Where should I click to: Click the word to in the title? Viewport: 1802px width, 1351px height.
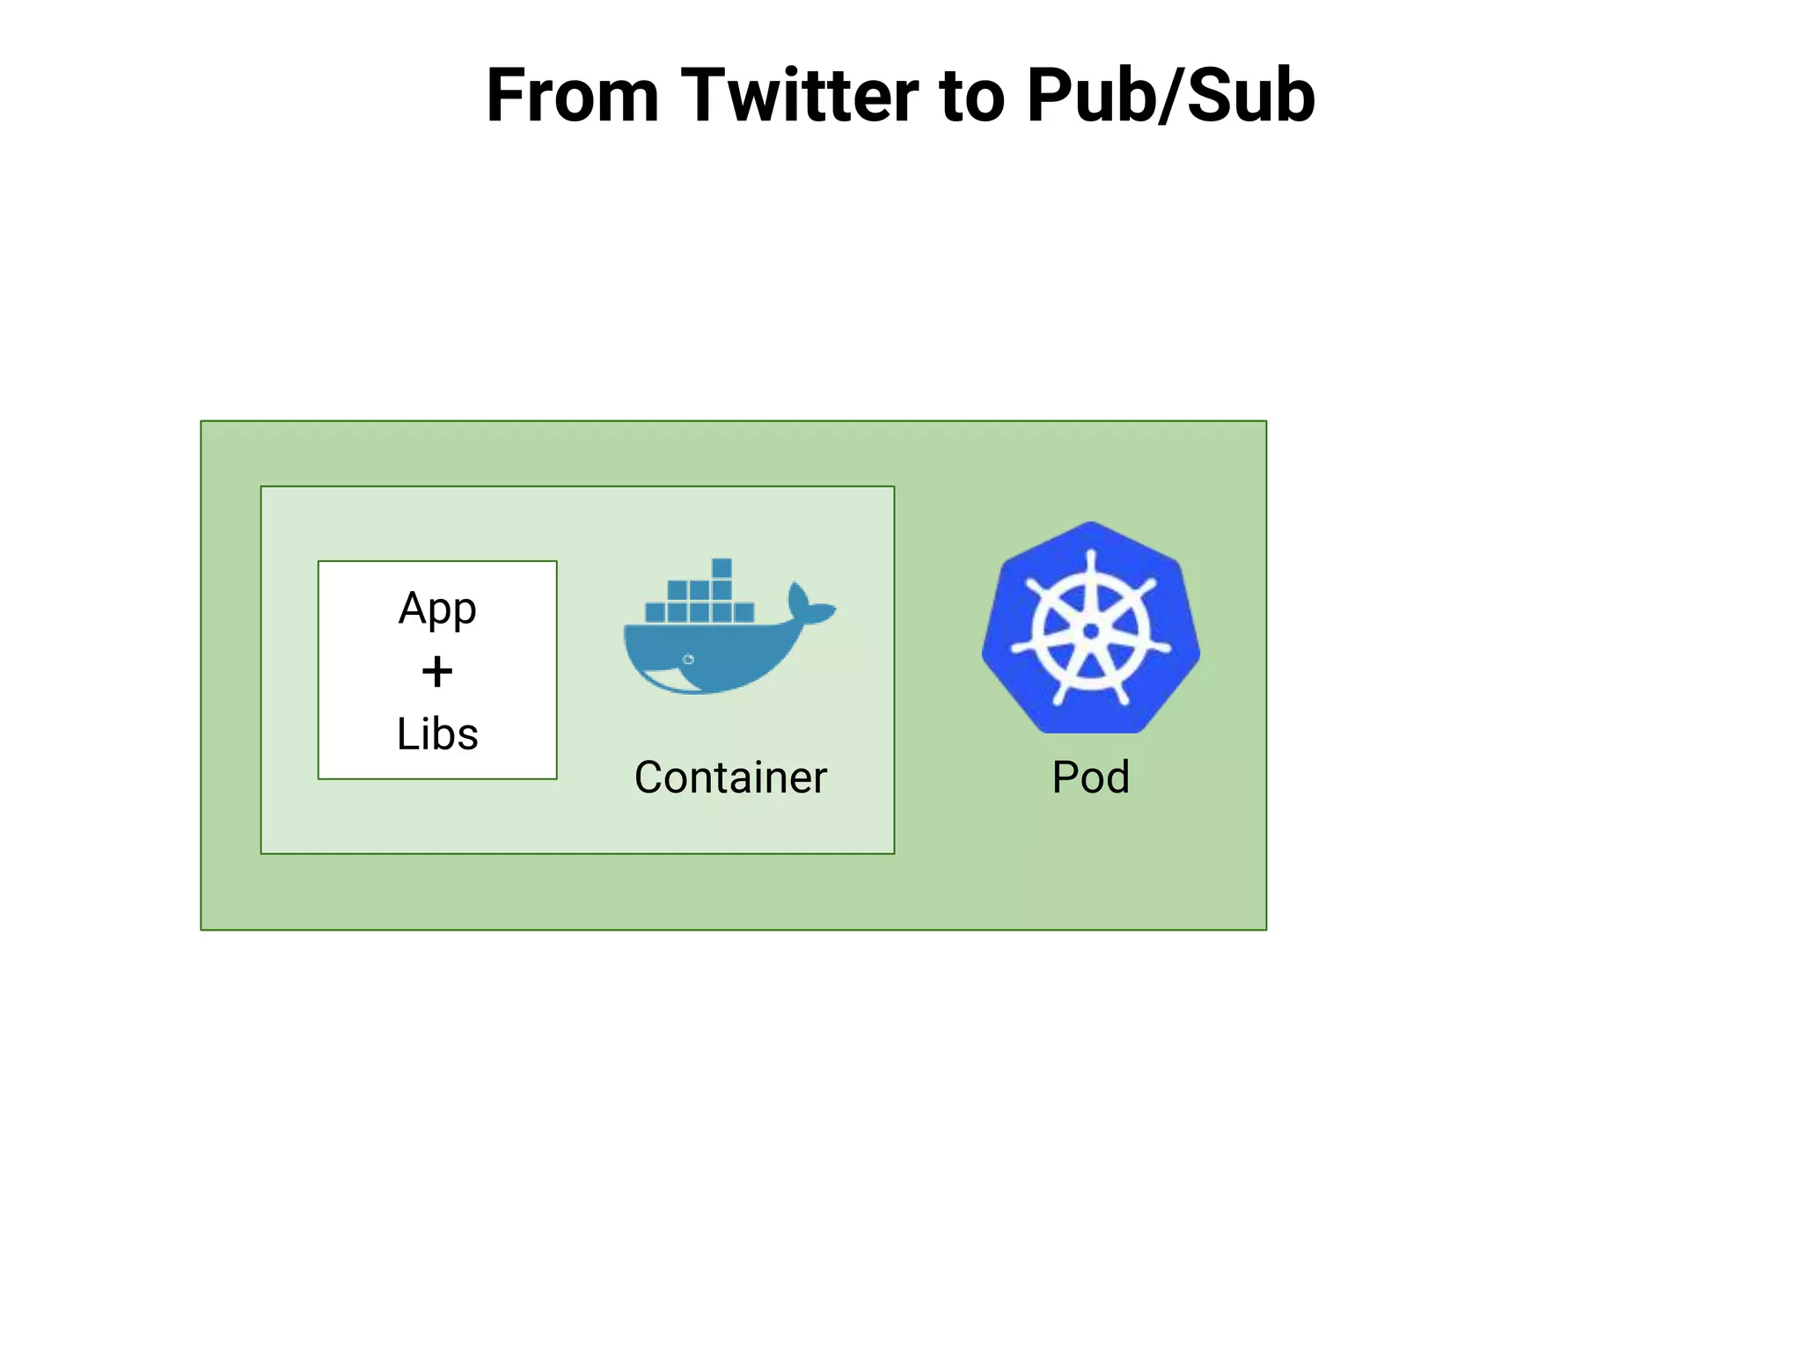click(x=971, y=97)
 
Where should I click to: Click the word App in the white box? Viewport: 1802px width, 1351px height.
click(x=437, y=609)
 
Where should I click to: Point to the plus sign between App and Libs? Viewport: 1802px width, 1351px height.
click(x=437, y=672)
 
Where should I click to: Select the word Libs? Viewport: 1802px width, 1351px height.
click(x=437, y=734)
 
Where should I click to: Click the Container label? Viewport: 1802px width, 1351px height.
click(x=730, y=778)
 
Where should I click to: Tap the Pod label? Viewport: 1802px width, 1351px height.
click(x=1090, y=778)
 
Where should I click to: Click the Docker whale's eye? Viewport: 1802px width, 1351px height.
click(x=688, y=659)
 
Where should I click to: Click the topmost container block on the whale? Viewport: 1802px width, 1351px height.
click(x=722, y=567)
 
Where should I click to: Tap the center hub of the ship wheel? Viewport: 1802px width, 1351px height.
click(x=1091, y=632)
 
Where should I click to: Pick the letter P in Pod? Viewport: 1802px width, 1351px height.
click(x=1066, y=778)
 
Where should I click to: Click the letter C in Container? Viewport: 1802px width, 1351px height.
click(x=649, y=778)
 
